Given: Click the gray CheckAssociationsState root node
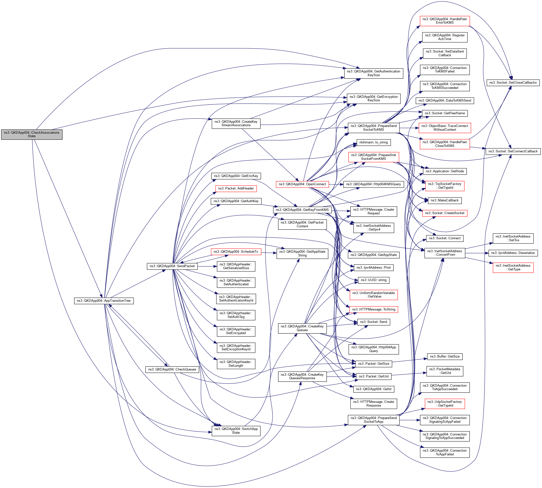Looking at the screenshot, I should (32, 134).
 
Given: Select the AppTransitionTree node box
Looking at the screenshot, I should (104, 301).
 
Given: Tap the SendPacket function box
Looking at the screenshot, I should (172, 266).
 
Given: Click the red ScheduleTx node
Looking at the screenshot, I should (236, 251).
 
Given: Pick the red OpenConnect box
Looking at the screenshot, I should (302, 184).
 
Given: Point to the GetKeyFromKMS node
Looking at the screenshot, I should (302, 210).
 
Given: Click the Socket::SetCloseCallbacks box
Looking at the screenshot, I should (513, 83).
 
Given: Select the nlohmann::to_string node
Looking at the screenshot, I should (373, 142).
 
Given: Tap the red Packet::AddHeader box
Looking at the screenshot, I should (236, 188).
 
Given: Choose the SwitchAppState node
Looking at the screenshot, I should (236, 431).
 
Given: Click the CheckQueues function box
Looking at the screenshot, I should (172, 369).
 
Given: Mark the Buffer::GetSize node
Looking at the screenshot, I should (444, 356).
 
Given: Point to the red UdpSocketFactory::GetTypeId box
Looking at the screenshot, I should (444, 404).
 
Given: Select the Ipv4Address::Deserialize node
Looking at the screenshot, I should (513, 253).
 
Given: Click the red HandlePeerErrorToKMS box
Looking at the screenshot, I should (444, 21).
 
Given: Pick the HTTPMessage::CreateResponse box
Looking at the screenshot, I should (373, 404).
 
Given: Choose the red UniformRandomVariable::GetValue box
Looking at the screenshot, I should (373, 295).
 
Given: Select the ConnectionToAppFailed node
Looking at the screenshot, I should (444, 452).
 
